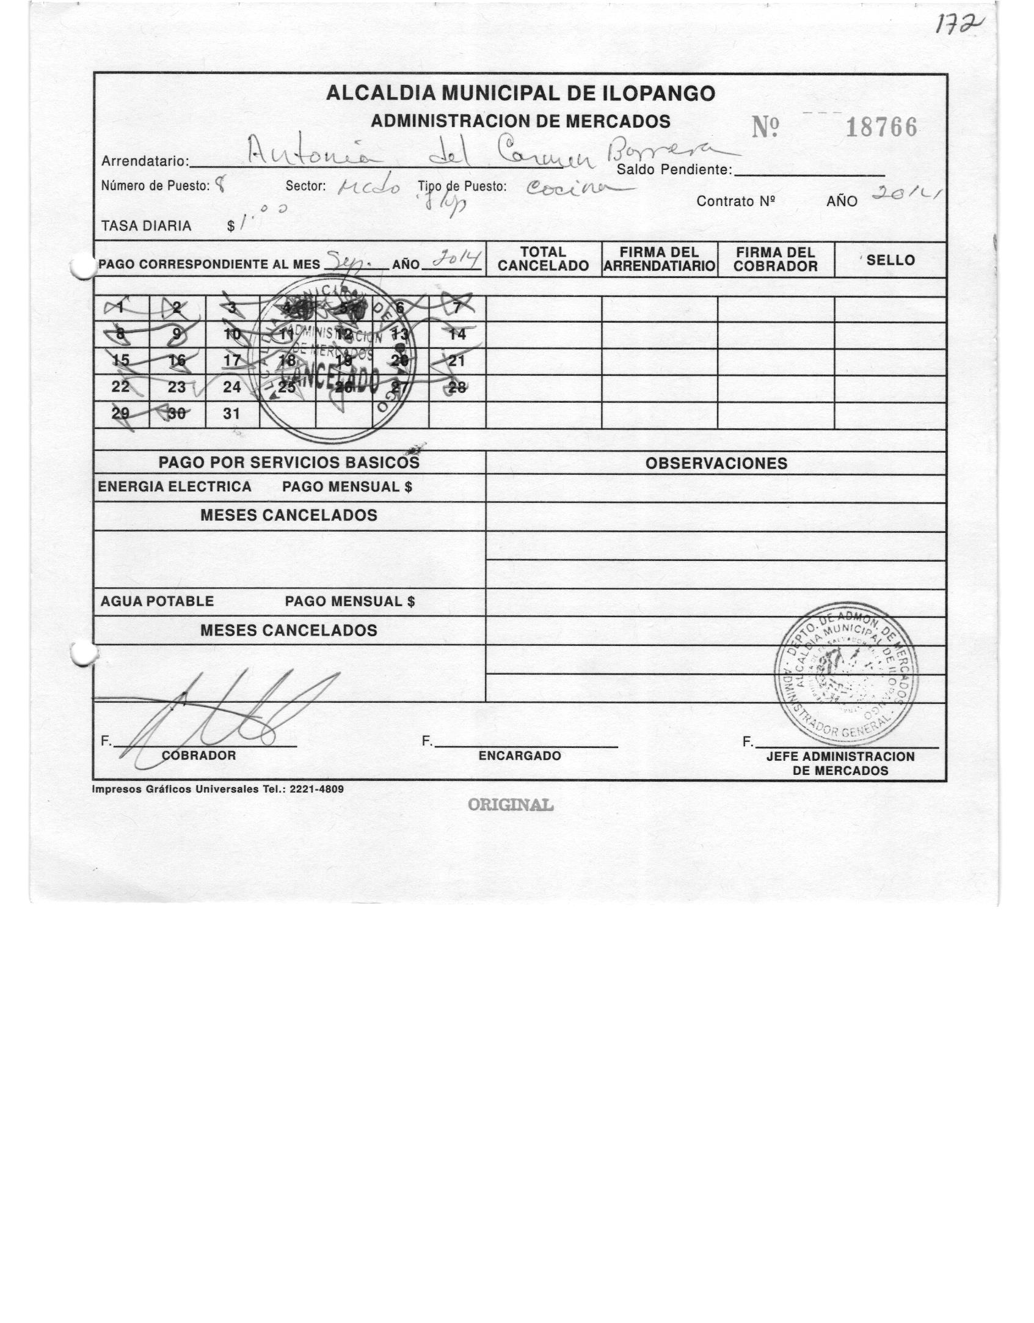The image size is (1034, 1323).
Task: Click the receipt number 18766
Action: (881, 128)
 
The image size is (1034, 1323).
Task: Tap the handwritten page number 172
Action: (963, 27)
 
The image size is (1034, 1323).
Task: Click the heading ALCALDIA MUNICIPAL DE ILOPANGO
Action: (520, 93)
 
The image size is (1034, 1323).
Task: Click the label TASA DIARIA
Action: (146, 226)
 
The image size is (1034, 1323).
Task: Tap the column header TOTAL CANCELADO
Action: (543, 259)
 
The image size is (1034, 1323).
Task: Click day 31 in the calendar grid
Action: (231, 414)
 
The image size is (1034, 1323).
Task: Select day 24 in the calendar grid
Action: (231, 387)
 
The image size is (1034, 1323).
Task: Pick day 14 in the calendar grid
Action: (457, 334)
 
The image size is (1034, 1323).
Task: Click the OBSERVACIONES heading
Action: (716, 463)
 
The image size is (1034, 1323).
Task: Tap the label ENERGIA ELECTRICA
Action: (175, 487)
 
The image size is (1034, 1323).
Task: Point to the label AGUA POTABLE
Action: (157, 601)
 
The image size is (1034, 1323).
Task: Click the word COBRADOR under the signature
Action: (198, 755)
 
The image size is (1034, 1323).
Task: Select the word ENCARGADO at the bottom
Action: (520, 756)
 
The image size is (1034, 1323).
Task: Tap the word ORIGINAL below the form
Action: (511, 805)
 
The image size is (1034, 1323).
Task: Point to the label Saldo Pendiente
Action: (674, 170)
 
